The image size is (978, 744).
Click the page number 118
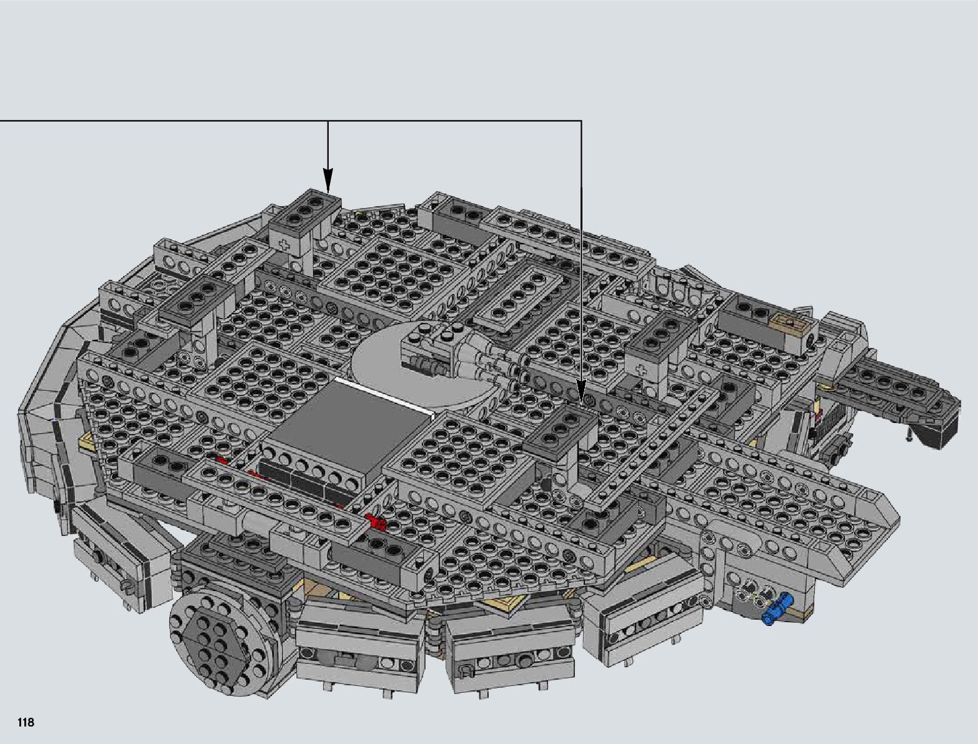point(26,722)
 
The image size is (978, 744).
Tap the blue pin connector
point(776,611)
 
